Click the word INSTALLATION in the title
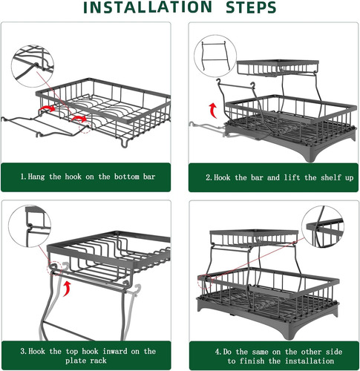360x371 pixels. [148, 7]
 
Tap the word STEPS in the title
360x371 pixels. [251, 7]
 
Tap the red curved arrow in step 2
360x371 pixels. [213, 111]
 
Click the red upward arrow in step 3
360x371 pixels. [67, 288]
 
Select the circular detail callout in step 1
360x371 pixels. [33, 66]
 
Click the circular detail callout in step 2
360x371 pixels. [215, 56]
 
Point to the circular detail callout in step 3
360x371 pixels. [30, 226]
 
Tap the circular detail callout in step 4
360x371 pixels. [323, 227]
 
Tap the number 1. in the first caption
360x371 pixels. [24, 177]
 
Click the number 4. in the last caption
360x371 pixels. [219, 352]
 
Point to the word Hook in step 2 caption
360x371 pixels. [222, 177]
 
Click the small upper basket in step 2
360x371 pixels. [278, 68]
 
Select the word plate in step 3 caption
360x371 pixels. [76, 361]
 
